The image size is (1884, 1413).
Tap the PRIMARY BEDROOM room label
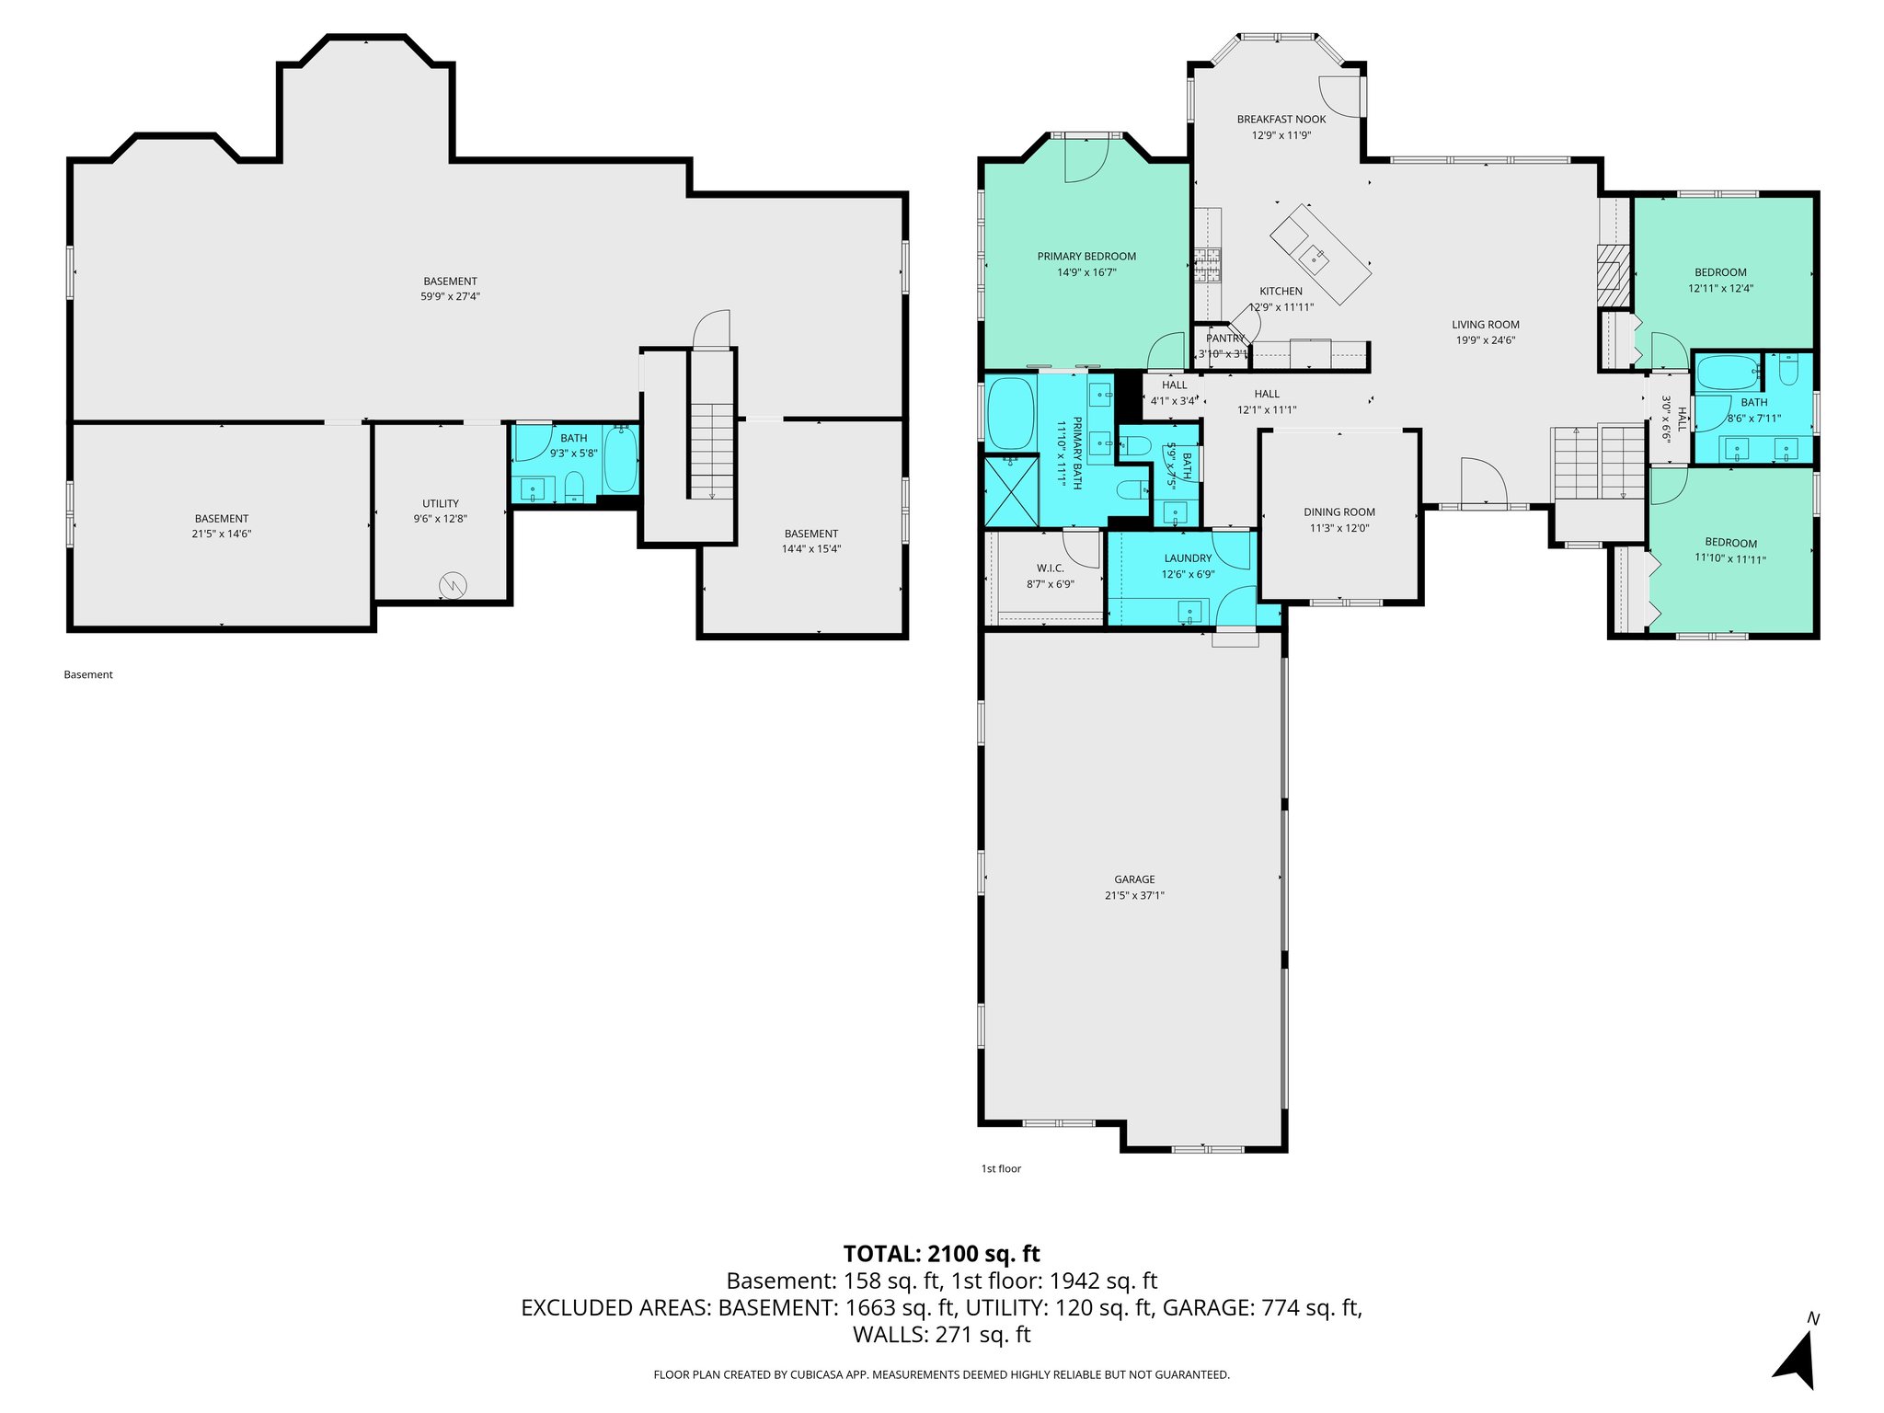tap(1086, 257)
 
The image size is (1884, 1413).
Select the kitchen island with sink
tap(1320, 254)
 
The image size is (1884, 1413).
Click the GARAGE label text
tap(1134, 879)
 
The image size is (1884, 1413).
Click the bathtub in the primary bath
tap(1010, 413)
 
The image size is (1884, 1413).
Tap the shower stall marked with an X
tap(1011, 489)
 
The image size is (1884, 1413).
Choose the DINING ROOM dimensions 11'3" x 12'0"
tap(1339, 528)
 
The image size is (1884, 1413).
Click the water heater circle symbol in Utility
tap(453, 584)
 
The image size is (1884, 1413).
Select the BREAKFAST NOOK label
tap(1281, 120)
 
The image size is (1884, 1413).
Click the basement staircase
tap(711, 451)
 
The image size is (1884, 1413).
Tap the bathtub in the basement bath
tap(621, 458)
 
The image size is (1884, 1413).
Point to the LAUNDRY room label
tap(1188, 558)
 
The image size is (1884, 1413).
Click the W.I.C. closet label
tap(1050, 569)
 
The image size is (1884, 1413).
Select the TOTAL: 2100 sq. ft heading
tap(941, 1253)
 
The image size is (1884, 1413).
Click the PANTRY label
tap(1224, 339)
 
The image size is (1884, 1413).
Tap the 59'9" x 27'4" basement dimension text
tap(450, 296)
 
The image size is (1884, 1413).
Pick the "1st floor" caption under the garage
tap(1001, 1168)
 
